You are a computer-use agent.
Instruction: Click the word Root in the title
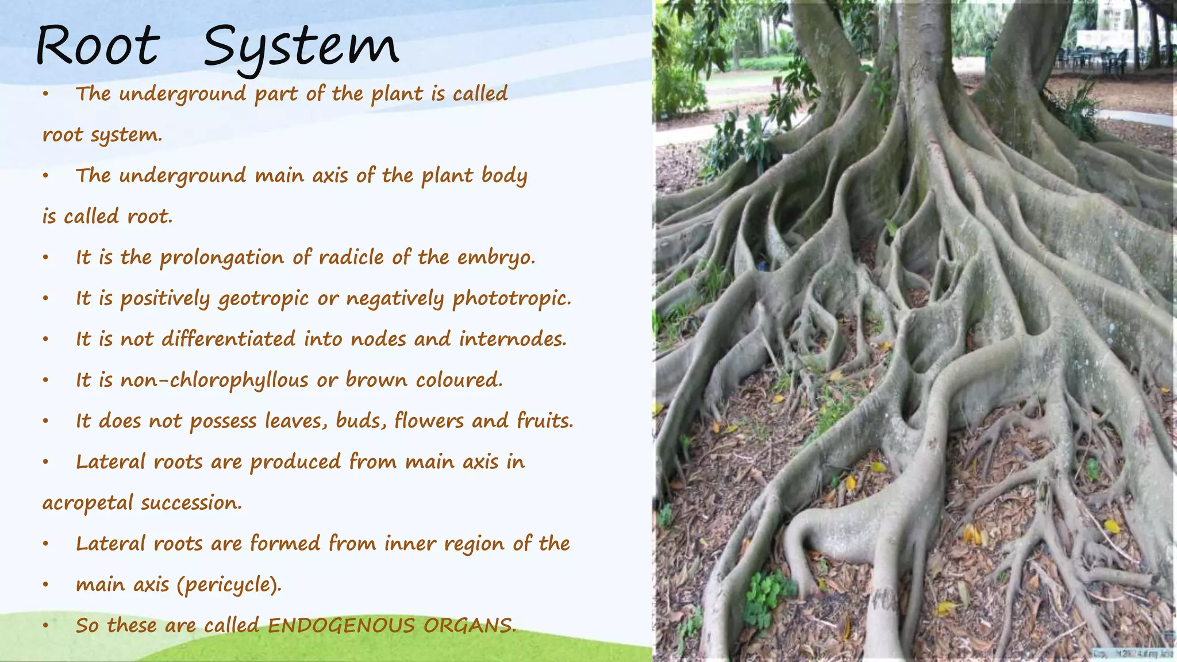point(97,45)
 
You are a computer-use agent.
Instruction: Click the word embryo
point(496,258)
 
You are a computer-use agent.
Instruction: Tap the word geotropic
point(263,299)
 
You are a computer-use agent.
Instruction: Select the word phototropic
point(511,299)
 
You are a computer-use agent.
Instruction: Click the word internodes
point(513,339)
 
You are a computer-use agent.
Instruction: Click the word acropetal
point(87,503)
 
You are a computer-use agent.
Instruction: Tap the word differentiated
point(229,339)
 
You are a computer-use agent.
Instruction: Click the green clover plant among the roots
point(767,598)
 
